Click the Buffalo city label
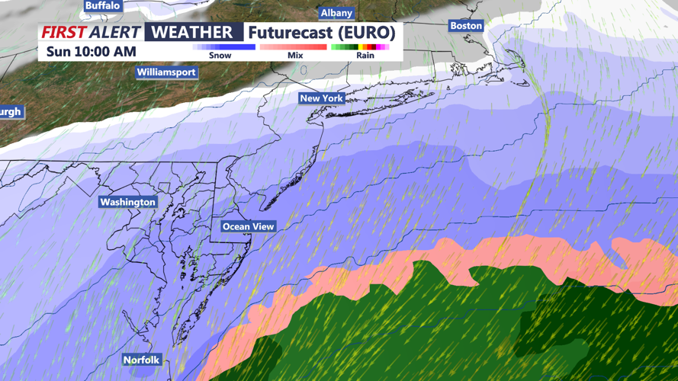click(102, 5)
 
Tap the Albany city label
click(336, 13)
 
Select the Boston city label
click(466, 26)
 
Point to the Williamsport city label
click(166, 72)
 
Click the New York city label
click(321, 98)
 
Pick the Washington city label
click(127, 202)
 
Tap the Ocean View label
click(248, 226)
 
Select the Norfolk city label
click(142, 360)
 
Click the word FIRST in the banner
click(63, 33)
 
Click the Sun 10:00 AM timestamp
click(91, 52)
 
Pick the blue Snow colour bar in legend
click(223, 47)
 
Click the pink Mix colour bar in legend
click(294, 47)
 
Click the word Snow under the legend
click(220, 56)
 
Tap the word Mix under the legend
click(295, 56)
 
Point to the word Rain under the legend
click(365, 56)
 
